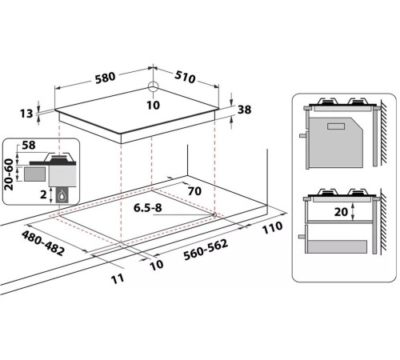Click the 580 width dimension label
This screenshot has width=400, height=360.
tap(106, 78)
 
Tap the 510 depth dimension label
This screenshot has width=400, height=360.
tap(185, 77)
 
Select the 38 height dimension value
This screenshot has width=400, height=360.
tap(244, 110)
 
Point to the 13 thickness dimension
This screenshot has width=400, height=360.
tap(26, 114)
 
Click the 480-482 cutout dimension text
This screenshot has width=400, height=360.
tap(43, 243)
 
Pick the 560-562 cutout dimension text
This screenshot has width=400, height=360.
tap(206, 250)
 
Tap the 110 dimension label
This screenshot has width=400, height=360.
tap(272, 227)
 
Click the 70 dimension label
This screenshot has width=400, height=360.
tap(194, 191)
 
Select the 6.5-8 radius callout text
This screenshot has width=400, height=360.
tap(147, 208)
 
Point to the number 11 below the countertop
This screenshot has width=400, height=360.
tap(118, 279)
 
